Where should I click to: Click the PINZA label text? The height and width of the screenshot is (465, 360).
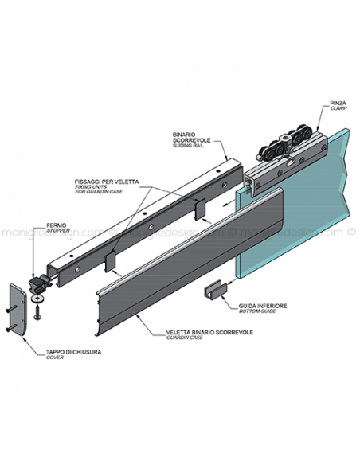(x=338, y=103)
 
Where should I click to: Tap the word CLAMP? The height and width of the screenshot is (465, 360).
(x=338, y=108)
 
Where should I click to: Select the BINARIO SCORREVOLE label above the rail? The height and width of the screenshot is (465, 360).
(x=191, y=137)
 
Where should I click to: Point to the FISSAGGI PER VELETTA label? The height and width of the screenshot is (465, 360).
(x=107, y=182)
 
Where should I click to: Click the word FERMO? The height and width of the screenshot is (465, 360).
(x=56, y=225)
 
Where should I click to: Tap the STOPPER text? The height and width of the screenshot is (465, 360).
(x=58, y=230)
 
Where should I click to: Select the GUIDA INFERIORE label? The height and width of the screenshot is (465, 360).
(x=263, y=306)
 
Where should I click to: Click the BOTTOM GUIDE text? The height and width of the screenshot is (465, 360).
(x=257, y=311)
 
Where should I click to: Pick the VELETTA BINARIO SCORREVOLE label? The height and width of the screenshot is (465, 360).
(x=209, y=332)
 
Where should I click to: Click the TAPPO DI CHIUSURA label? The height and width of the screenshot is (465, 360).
(x=73, y=352)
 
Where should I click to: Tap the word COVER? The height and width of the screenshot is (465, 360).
(x=55, y=358)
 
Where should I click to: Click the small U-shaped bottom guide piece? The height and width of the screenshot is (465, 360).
(x=215, y=289)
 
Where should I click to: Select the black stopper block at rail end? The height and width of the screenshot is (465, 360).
(x=39, y=282)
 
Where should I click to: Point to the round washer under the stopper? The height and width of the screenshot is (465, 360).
(x=37, y=298)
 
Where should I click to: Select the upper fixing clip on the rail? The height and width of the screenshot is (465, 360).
(x=200, y=209)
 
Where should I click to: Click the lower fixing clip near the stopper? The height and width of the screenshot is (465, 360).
(x=111, y=261)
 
